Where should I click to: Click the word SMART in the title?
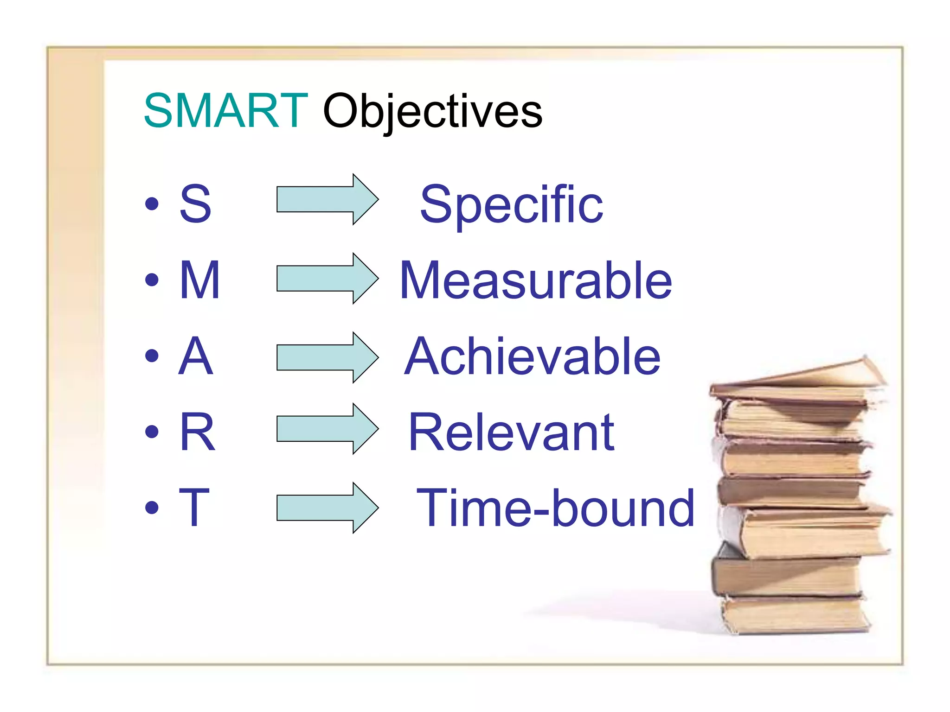[x=225, y=111]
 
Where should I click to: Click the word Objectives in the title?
[x=432, y=112]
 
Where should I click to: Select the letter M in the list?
[x=199, y=280]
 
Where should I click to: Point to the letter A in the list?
[x=196, y=356]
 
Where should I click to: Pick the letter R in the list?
[x=198, y=432]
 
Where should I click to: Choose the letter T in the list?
[x=194, y=508]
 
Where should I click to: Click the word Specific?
[x=511, y=204]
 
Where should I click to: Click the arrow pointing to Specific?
[x=327, y=199]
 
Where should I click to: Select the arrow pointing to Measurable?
[x=327, y=278]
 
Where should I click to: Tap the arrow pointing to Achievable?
[x=327, y=357]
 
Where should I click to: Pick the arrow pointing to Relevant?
[x=327, y=429]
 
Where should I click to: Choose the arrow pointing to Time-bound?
[x=327, y=508]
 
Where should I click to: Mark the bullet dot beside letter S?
[x=152, y=203]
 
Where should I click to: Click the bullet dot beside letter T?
[x=152, y=508]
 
